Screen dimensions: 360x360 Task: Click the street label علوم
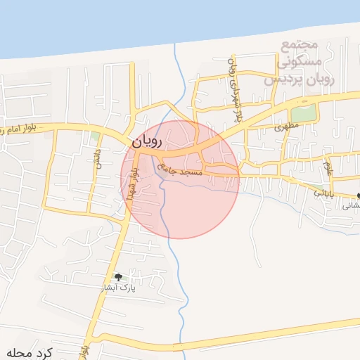pyautogui.click(x=327, y=168)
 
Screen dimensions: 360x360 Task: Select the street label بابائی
pyautogui.click(x=320, y=191)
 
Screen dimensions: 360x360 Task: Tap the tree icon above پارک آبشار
pyautogui.click(x=118, y=277)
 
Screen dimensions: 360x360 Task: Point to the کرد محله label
pyautogui.click(x=30, y=352)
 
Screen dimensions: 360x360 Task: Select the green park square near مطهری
pyautogui.click(x=304, y=112)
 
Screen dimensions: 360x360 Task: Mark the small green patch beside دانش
pyautogui.click(x=94, y=136)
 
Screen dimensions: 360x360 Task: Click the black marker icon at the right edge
pyautogui.click(x=358, y=195)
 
